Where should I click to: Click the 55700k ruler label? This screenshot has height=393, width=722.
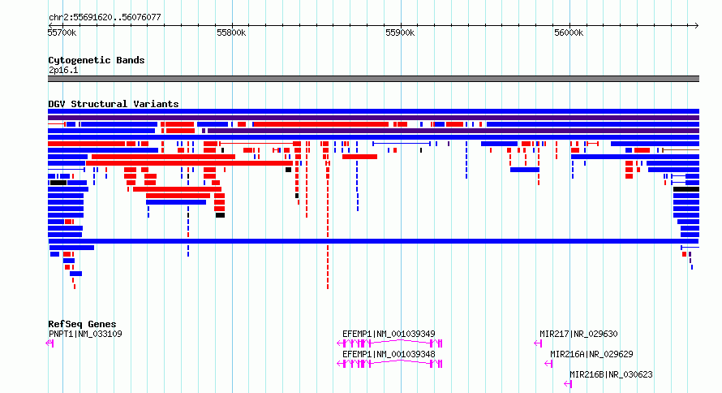(x=62, y=32)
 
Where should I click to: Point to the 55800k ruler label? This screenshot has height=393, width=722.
(x=231, y=32)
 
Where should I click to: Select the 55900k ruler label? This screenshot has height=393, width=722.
(x=400, y=32)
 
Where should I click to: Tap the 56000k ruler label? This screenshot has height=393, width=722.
(x=569, y=32)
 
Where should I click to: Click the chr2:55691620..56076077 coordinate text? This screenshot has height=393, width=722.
(x=105, y=18)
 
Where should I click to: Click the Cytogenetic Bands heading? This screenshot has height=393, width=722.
(x=97, y=60)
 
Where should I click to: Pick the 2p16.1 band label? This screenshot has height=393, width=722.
(x=63, y=70)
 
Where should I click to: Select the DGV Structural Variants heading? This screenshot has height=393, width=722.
(x=114, y=104)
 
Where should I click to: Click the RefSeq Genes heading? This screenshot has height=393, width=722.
(x=82, y=324)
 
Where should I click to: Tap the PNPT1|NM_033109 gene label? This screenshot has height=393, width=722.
(x=85, y=334)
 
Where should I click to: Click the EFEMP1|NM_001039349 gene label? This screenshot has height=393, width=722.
(x=389, y=334)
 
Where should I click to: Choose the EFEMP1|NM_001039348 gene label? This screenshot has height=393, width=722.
(x=389, y=354)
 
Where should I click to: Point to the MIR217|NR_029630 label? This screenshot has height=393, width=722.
(x=578, y=334)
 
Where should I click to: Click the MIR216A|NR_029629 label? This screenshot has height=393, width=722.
(x=591, y=354)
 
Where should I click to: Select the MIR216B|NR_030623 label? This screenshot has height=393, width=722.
(x=611, y=374)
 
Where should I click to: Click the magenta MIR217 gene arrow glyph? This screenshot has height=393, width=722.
(x=538, y=343)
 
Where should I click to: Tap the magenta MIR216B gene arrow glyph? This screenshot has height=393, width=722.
(x=568, y=384)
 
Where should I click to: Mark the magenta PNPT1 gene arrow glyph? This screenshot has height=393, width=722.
(x=49, y=343)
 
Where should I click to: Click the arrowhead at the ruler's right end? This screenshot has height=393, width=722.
(x=697, y=26)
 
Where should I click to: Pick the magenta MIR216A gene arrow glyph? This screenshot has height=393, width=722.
(x=548, y=364)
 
